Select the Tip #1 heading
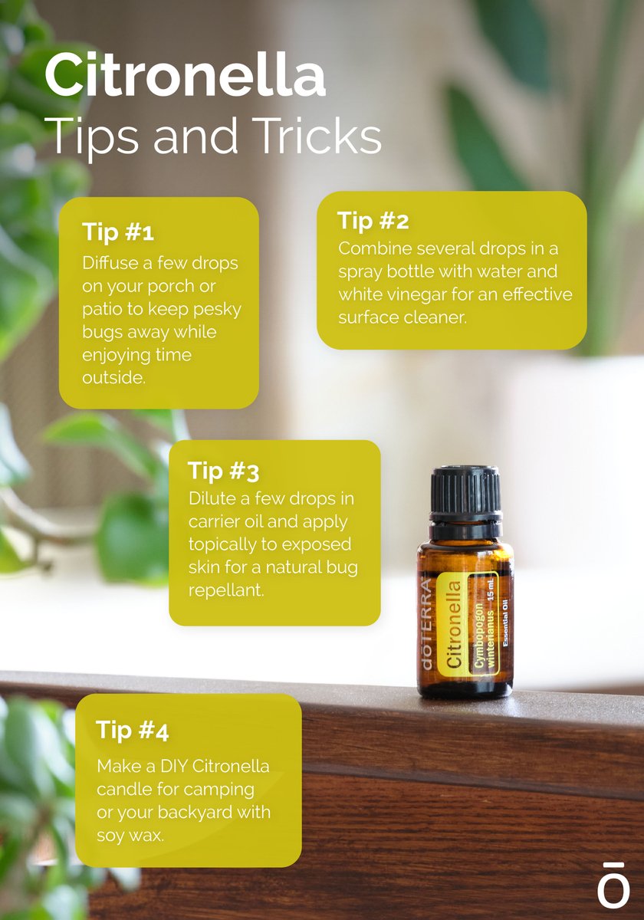tap(118, 232)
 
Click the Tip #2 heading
tap(373, 222)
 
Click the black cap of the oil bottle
tap(465, 491)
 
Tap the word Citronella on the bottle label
tap(455, 625)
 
